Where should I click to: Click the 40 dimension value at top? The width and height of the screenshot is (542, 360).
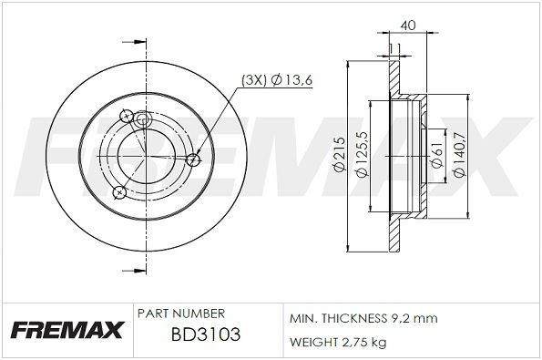(408, 25)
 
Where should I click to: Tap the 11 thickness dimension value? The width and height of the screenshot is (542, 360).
(394, 48)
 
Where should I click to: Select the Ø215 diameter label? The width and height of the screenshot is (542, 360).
(340, 154)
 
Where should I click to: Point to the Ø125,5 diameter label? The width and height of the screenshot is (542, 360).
(363, 155)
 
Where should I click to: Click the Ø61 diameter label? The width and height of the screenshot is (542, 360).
(437, 157)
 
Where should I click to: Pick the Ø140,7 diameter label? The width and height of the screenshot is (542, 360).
(460, 155)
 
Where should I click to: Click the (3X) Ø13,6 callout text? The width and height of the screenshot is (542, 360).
(277, 80)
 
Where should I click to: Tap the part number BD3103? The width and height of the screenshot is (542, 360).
(206, 334)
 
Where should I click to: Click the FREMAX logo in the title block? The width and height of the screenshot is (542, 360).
(66, 330)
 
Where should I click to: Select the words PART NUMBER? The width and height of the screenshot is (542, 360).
(181, 314)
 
